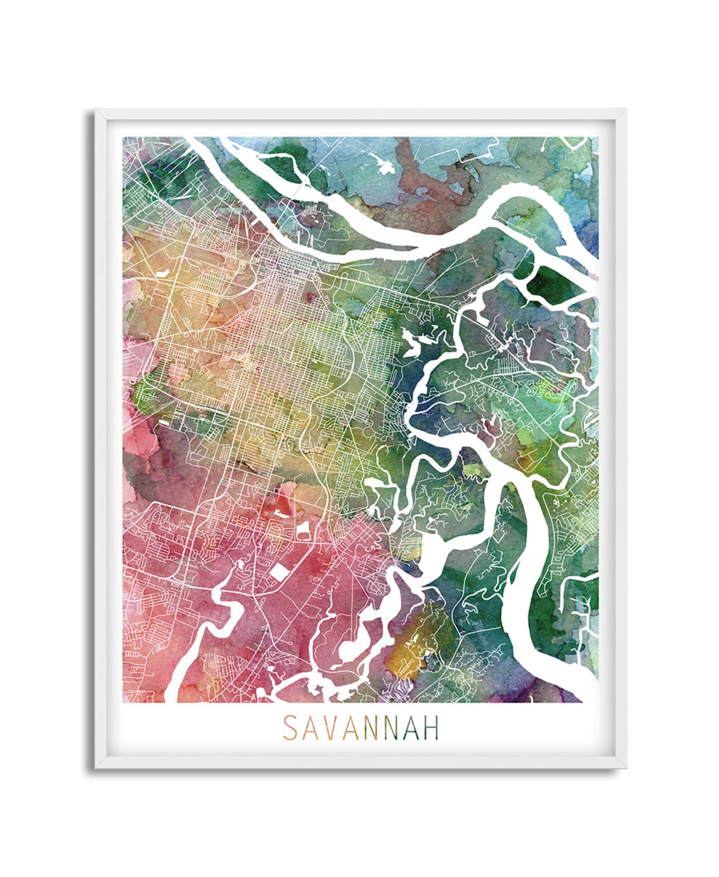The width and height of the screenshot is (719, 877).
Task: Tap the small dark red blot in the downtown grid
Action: tap(310, 297)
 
